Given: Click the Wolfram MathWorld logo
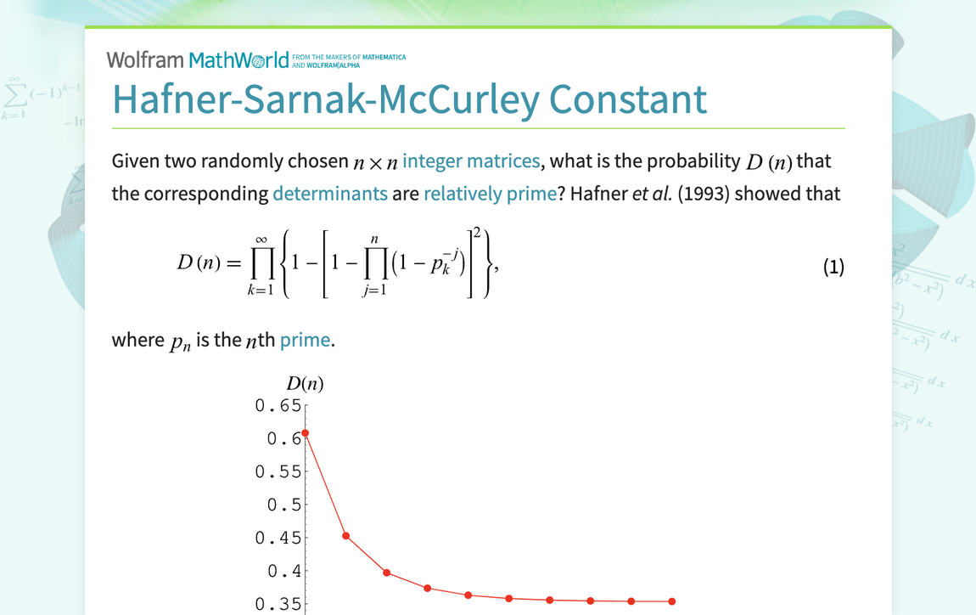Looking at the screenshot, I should [x=197, y=59].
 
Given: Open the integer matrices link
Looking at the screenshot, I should [x=471, y=161].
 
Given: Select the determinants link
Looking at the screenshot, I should [x=329, y=194].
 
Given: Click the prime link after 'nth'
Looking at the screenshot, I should [x=305, y=340].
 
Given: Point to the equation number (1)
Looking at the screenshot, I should [x=833, y=267].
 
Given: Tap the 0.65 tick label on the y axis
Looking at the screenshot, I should [x=278, y=406].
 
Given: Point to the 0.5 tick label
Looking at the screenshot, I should [x=283, y=505].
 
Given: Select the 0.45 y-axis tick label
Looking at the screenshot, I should [x=278, y=539].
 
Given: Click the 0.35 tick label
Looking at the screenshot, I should [x=278, y=605].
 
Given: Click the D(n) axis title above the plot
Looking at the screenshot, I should [x=305, y=384].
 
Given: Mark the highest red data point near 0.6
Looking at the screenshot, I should [x=306, y=433].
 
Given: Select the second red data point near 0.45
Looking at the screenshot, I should [x=346, y=536].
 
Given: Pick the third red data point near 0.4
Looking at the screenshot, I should [x=387, y=573].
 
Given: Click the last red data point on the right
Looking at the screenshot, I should [x=672, y=601].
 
